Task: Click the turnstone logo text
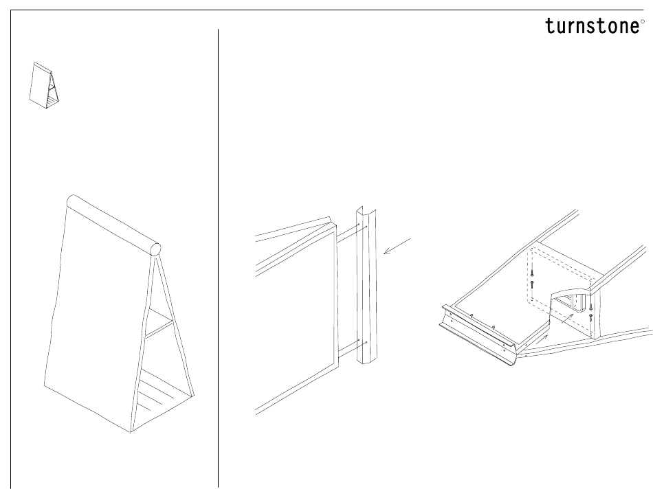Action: [x=591, y=26]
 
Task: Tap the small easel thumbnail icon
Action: [x=45, y=85]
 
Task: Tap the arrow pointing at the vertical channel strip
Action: [x=397, y=247]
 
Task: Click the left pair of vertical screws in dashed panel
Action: [x=532, y=278]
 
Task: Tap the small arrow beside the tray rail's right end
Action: [x=544, y=338]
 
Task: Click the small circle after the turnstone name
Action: [x=643, y=21]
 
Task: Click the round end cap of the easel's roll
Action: [x=156, y=249]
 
